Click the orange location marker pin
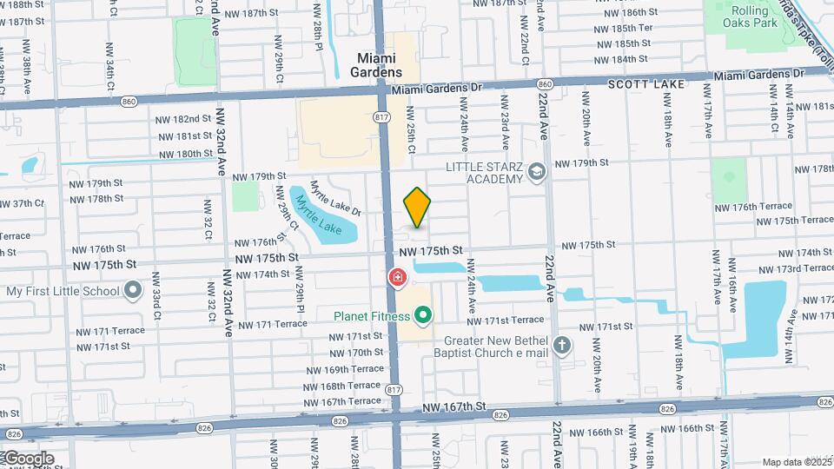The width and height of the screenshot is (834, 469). coord(417,208)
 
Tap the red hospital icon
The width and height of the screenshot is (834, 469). coord(396,278)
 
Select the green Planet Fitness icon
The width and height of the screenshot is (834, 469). coord(423,314)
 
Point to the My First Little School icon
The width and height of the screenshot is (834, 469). coord(132,290)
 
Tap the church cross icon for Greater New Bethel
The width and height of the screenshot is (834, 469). coord(562,347)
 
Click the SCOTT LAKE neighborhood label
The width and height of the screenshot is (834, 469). coord(646,83)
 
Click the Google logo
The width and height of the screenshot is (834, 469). coord(29,459)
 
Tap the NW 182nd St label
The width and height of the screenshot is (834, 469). coord(183,118)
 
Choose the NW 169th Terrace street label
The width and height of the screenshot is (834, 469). coord(344,369)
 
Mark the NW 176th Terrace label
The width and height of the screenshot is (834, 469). coord(762,207)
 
